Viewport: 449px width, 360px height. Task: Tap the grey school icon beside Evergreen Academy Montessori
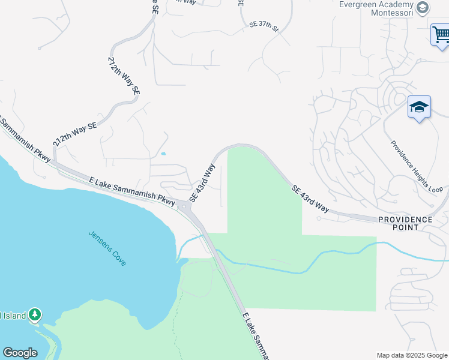(x=423, y=7)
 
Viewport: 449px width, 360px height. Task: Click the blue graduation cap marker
(x=419, y=108)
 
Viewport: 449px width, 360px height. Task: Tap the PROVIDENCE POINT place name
(x=405, y=223)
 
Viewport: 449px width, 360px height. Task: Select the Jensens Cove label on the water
(x=107, y=248)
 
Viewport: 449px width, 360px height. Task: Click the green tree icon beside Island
(x=35, y=314)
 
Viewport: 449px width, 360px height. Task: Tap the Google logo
(x=20, y=352)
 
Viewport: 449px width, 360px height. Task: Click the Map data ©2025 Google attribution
(x=411, y=355)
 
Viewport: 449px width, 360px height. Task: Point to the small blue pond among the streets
(x=163, y=154)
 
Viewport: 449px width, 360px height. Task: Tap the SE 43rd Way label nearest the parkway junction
(x=202, y=183)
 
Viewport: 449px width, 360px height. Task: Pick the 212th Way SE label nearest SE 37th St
(x=124, y=76)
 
